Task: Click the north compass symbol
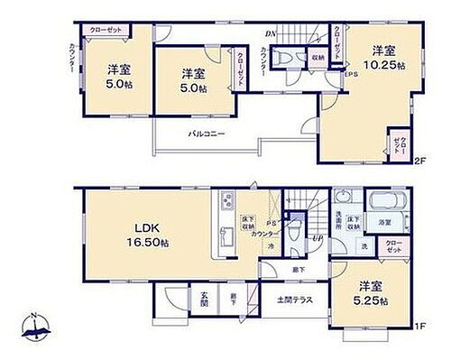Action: pyautogui.click(x=32, y=330)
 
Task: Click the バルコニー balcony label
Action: pyautogui.click(x=206, y=134)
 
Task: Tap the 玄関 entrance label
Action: pyautogui.click(x=204, y=299)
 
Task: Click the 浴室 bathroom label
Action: pyautogui.click(x=384, y=221)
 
